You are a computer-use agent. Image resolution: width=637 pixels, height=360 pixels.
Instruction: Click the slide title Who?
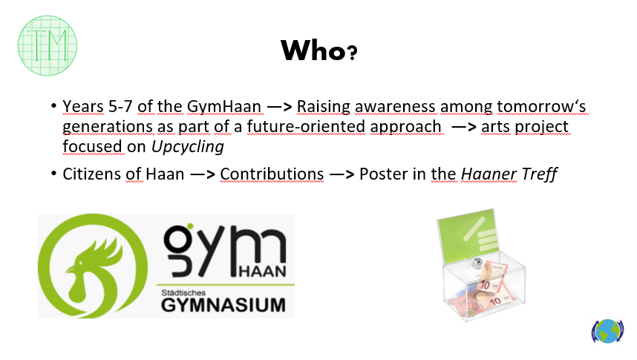[319, 50]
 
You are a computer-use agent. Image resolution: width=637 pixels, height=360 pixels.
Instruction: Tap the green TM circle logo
[48, 45]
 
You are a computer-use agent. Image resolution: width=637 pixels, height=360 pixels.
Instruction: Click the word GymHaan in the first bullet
[224, 107]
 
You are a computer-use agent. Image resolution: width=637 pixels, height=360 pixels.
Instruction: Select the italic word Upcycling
[188, 147]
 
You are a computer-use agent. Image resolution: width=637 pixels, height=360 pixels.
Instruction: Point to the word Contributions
[272, 174]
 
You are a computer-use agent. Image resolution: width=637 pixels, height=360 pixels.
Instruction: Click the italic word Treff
[540, 174]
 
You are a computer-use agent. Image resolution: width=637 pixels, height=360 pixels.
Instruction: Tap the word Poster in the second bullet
[384, 174]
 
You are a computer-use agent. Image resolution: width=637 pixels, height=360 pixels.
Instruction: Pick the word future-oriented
[306, 127]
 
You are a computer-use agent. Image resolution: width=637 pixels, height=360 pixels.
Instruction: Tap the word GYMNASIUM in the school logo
[223, 305]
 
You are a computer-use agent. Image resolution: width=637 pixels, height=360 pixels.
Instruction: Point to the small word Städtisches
[183, 292]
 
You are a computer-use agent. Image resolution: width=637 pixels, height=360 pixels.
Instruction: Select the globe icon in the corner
[607, 331]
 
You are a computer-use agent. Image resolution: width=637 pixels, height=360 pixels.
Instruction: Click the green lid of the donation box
[468, 235]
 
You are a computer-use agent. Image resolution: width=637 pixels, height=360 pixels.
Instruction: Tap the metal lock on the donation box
[477, 263]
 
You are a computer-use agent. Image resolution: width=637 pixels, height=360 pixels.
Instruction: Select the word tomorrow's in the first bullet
[541, 107]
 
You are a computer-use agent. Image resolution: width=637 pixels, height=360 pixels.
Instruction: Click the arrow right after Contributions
[342, 174]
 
